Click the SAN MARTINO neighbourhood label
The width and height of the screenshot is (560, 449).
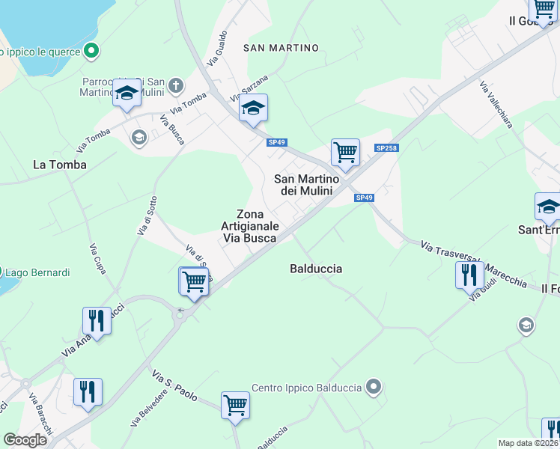pyautogui.click(x=281, y=48)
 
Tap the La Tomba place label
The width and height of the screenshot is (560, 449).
pyautogui.click(x=60, y=164)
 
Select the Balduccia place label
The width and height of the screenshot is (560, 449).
pyautogui.click(x=316, y=268)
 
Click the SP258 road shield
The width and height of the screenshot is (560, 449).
pyautogui.click(x=386, y=148)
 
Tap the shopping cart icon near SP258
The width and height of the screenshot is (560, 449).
pyautogui.click(x=345, y=152)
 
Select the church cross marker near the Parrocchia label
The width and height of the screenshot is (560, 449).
pyautogui.click(x=176, y=85)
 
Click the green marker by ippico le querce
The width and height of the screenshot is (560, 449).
pyautogui.click(x=92, y=52)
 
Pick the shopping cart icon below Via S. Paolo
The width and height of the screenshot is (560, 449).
pyautogui.click(x=235, y=405)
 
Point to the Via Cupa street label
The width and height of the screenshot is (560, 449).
pyautogui.click(x=98, y=257)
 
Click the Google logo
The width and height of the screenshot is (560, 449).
pyautogui.click(x=25, y=440)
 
